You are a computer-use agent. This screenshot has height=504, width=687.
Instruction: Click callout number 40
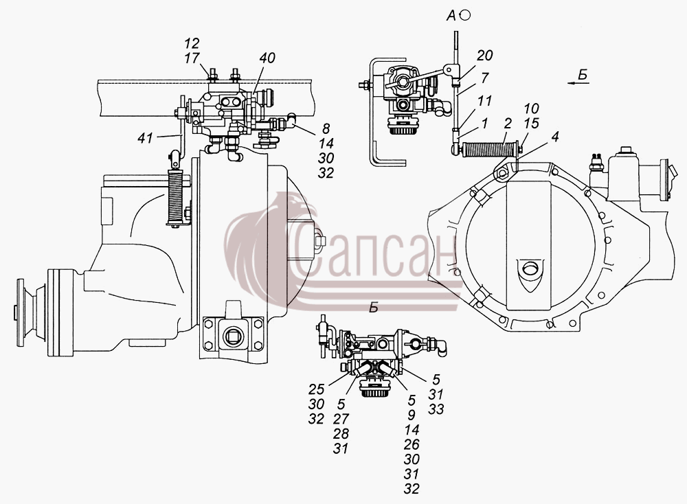tap(267, 58)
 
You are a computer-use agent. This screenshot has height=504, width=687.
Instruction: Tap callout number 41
tap(145, 138)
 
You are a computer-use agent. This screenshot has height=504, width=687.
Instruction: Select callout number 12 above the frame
tap(192, 43)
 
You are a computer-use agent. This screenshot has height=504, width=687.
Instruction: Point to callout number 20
tap(485, 55)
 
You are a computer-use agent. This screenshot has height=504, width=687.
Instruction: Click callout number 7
tap(484, 78)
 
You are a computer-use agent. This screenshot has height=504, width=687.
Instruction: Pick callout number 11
tap(484, 101)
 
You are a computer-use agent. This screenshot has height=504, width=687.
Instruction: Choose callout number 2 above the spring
tap(508, 123)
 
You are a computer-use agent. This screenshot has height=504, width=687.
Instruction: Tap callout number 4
tap(555, 137)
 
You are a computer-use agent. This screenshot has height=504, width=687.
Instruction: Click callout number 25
tap(316, 389)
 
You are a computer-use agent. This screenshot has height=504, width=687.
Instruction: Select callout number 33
tap(436, 409)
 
